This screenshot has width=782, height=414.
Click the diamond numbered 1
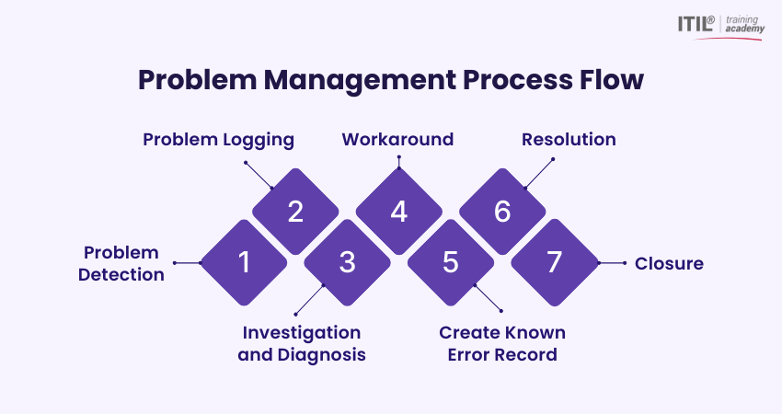click(x=244, y=263)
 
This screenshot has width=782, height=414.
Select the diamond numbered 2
click(x=295, y=212)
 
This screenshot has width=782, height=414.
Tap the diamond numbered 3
click(x=347, y=263)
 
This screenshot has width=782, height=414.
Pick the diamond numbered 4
click(x=398, y=212)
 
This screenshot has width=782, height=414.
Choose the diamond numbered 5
click(x=450, y=263)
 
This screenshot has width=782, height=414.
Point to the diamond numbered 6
click(x=501, y=212)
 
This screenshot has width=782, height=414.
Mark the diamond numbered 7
click(x=553, y=263)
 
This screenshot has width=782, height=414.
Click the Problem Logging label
click(x=218, y=140)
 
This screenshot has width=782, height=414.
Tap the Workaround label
click(x=397, y=140)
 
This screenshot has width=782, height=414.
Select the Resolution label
click(x=569, y=140)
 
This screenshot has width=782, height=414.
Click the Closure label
click(x=669, y=263)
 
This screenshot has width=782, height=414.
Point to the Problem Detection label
click(x=121, y=263)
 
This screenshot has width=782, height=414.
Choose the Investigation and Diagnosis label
click(x=302, y=343)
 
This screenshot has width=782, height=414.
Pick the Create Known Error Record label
click(x=502, y=343)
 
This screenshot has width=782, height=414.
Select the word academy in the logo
click(x=744, y=29)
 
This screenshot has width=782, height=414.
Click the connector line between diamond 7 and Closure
click(x=612, y=263)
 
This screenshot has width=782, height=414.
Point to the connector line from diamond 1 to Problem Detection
click(x=187, y=263)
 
